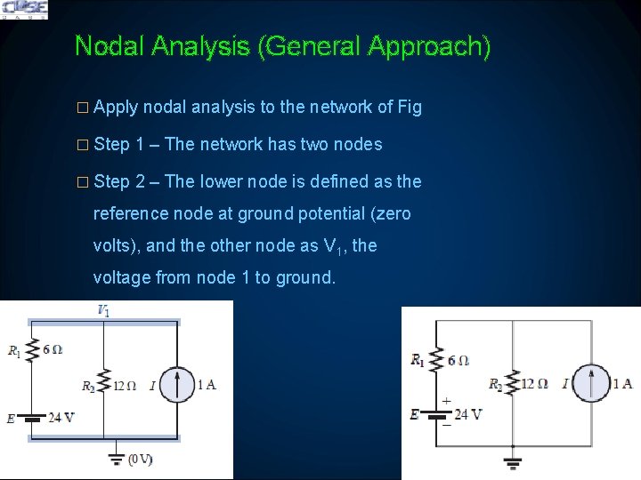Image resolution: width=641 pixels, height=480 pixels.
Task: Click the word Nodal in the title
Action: click(110, 45)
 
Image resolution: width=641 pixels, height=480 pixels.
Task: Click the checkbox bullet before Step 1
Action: click(83, 145)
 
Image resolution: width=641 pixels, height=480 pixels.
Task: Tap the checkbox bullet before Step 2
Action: click(83, 182)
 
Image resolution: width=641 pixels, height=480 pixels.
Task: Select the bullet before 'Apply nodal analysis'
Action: click(83, 108)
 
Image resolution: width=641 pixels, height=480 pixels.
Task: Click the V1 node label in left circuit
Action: click(103, 310)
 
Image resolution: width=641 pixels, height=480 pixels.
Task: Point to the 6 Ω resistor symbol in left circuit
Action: click(32, 350)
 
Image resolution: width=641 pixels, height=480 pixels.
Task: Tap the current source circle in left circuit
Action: click(177, 385)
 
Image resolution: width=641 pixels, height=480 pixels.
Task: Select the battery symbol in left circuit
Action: click(31, 419)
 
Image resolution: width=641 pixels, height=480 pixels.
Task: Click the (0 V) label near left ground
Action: click(141, 460)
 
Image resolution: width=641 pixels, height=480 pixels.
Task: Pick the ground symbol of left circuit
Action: click(117, 459)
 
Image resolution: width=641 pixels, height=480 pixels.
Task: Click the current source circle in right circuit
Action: click(591, 384)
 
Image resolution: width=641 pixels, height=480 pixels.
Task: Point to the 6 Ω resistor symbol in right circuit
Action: click(436, 360)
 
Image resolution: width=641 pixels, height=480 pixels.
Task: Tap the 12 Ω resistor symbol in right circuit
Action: click(512, 383)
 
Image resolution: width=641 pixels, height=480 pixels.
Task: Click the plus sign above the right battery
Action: click(446, 401)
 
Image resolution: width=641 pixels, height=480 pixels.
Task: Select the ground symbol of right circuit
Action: click(513, 463)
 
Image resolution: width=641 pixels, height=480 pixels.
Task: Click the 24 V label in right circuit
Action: click(468, 415)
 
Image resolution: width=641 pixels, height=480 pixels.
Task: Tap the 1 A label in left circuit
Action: click(207, 385)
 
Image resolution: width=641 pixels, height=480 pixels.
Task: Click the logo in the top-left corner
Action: click(25, 10)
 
